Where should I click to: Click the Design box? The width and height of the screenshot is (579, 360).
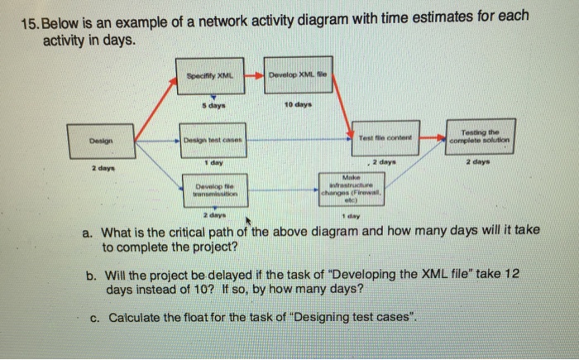[97, 142]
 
